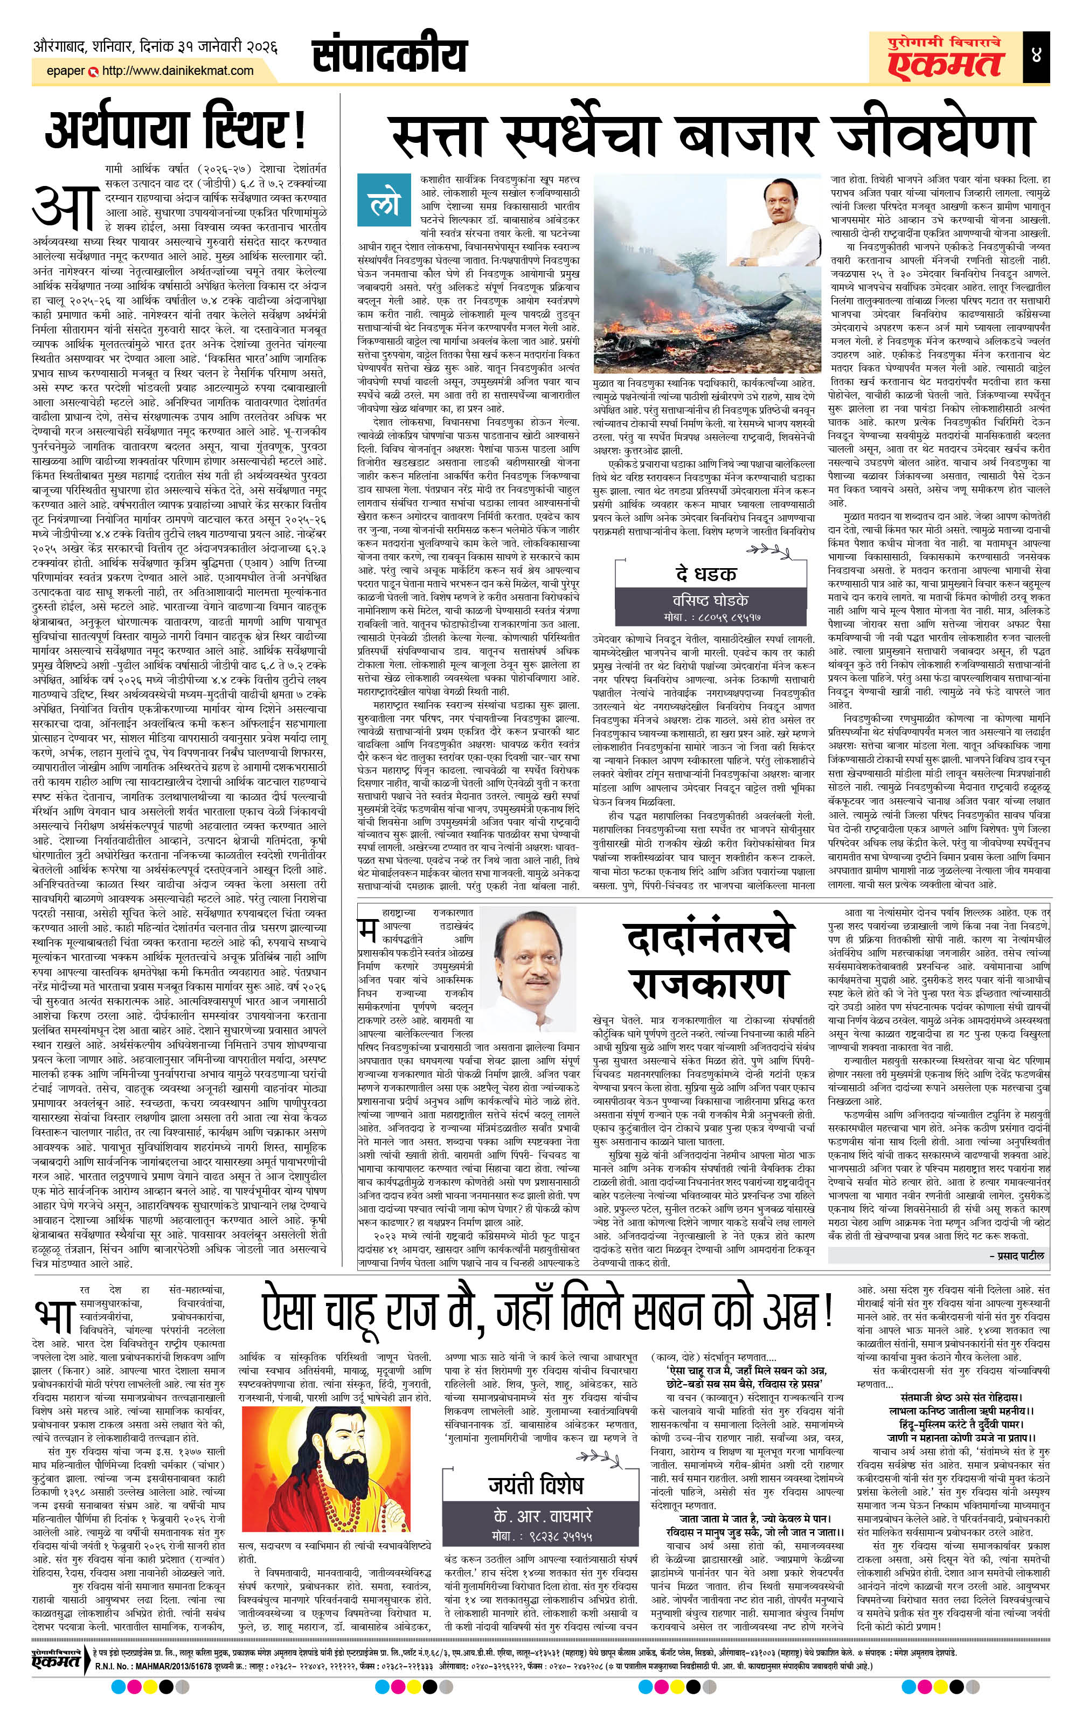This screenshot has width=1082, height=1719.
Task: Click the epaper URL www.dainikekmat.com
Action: [x=178, y=71]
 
